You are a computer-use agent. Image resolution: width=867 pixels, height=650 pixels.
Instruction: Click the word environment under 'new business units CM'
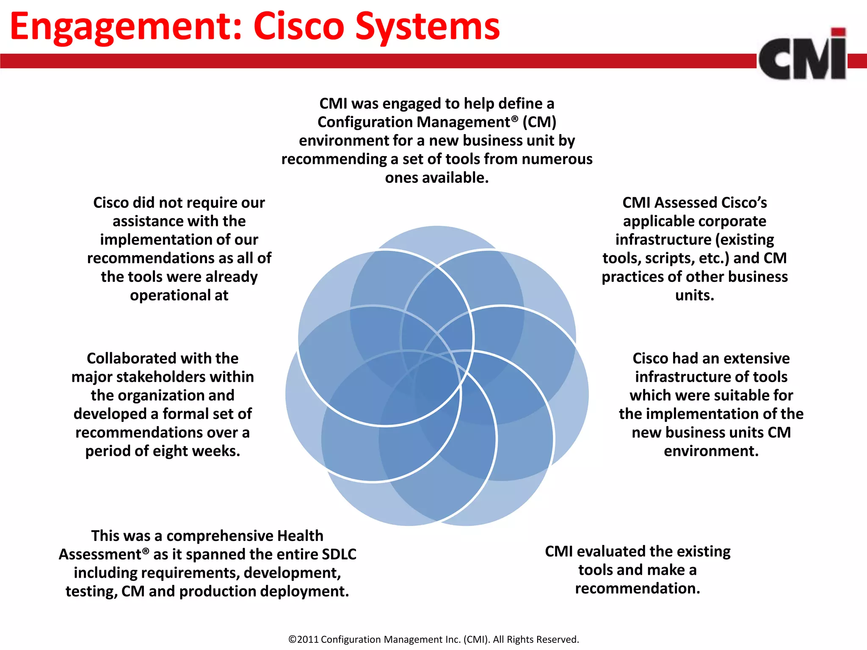(x=711, y=451)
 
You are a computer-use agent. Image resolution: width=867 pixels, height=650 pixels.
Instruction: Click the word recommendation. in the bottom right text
(x=638, y=589)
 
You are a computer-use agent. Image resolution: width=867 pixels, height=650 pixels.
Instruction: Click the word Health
(x=300, y=536)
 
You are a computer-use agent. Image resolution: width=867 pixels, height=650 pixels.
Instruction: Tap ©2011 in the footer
(x=304, y=639)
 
